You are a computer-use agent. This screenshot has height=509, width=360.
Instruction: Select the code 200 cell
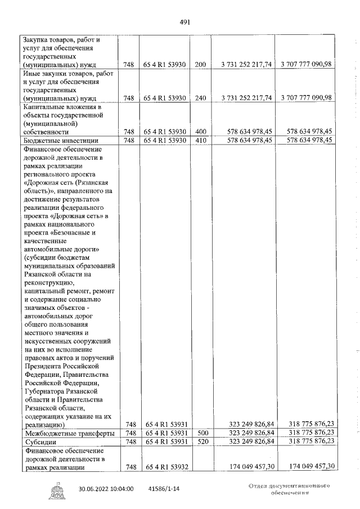pyautogui.click(x=200, y=65)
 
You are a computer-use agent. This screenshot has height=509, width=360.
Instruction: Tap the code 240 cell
pyautogui.click(x=200, y=98)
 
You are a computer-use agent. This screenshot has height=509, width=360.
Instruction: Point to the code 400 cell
pyautogui.click(x=200, y=132)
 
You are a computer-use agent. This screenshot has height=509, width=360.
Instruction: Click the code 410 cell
pyautogui.click(x=200, y=140)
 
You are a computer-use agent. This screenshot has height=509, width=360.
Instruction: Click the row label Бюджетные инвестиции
pyautogui.click(x=61, y=140)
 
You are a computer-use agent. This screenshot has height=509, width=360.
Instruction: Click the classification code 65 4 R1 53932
pyautogui.click(x=165, y=467)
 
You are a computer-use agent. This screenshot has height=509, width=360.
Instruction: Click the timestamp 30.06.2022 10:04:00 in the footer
pyautogui.click(x=106, y=489)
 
